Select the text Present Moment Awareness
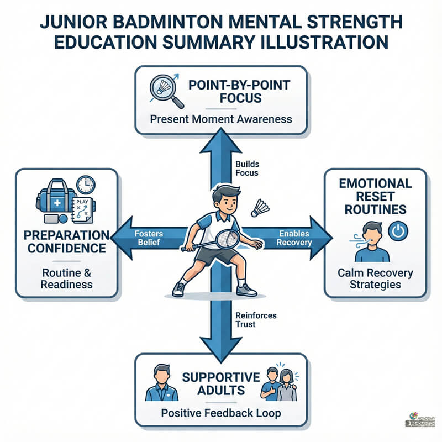[221, 119]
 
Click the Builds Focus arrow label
[246, 169]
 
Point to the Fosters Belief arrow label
[149, 238]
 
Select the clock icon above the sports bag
[86, 185]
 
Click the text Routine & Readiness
[66, 277]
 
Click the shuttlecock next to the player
[260, 208]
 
